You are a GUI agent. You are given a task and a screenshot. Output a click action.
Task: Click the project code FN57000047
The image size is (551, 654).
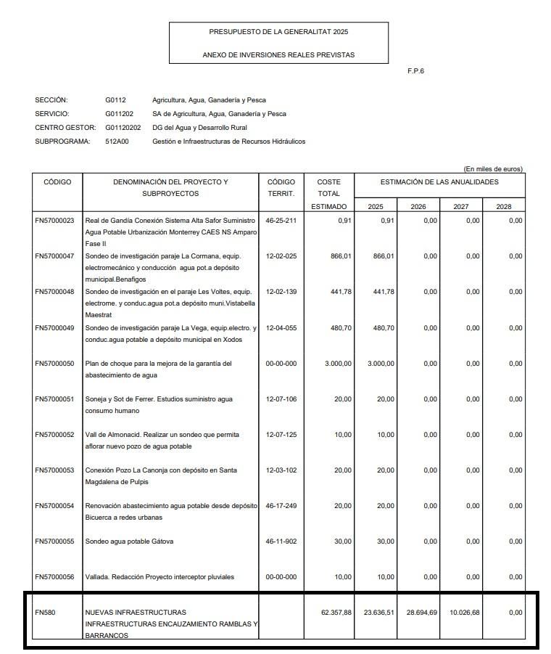[54, 256]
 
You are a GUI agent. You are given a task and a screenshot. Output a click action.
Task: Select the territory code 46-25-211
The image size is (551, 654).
[281, 221]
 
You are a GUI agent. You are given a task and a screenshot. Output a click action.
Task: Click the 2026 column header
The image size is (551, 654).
[418, 207]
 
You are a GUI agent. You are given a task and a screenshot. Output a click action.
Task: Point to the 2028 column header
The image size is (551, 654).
[503, 207]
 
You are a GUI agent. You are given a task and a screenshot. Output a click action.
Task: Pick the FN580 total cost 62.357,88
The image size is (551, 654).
[336, 613]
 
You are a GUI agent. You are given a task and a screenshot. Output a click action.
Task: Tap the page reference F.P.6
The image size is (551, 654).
[415, 71]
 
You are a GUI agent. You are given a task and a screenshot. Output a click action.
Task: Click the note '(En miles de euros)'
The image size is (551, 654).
[492, 169]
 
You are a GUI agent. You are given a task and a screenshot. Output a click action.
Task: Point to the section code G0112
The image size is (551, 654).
[115, 100]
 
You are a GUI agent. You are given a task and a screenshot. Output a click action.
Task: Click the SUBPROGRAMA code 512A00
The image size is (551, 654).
[117, 142]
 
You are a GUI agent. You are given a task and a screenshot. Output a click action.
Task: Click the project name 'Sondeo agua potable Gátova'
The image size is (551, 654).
[129, 541]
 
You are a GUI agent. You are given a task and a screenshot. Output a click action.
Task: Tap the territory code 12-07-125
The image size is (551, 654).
[281, 435]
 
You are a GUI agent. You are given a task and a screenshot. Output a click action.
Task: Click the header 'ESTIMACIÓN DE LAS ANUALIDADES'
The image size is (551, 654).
[439, 182]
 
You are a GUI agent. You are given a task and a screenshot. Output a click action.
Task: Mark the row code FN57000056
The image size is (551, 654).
[54, 577]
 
